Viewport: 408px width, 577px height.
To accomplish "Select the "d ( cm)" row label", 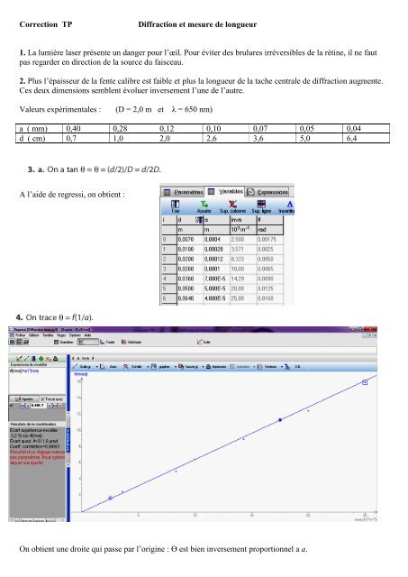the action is click(x=35, y=141).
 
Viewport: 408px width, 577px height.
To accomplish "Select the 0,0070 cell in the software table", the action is click(x=187, y=239).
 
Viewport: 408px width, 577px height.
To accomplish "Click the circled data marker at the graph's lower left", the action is click(x=110, y=497).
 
